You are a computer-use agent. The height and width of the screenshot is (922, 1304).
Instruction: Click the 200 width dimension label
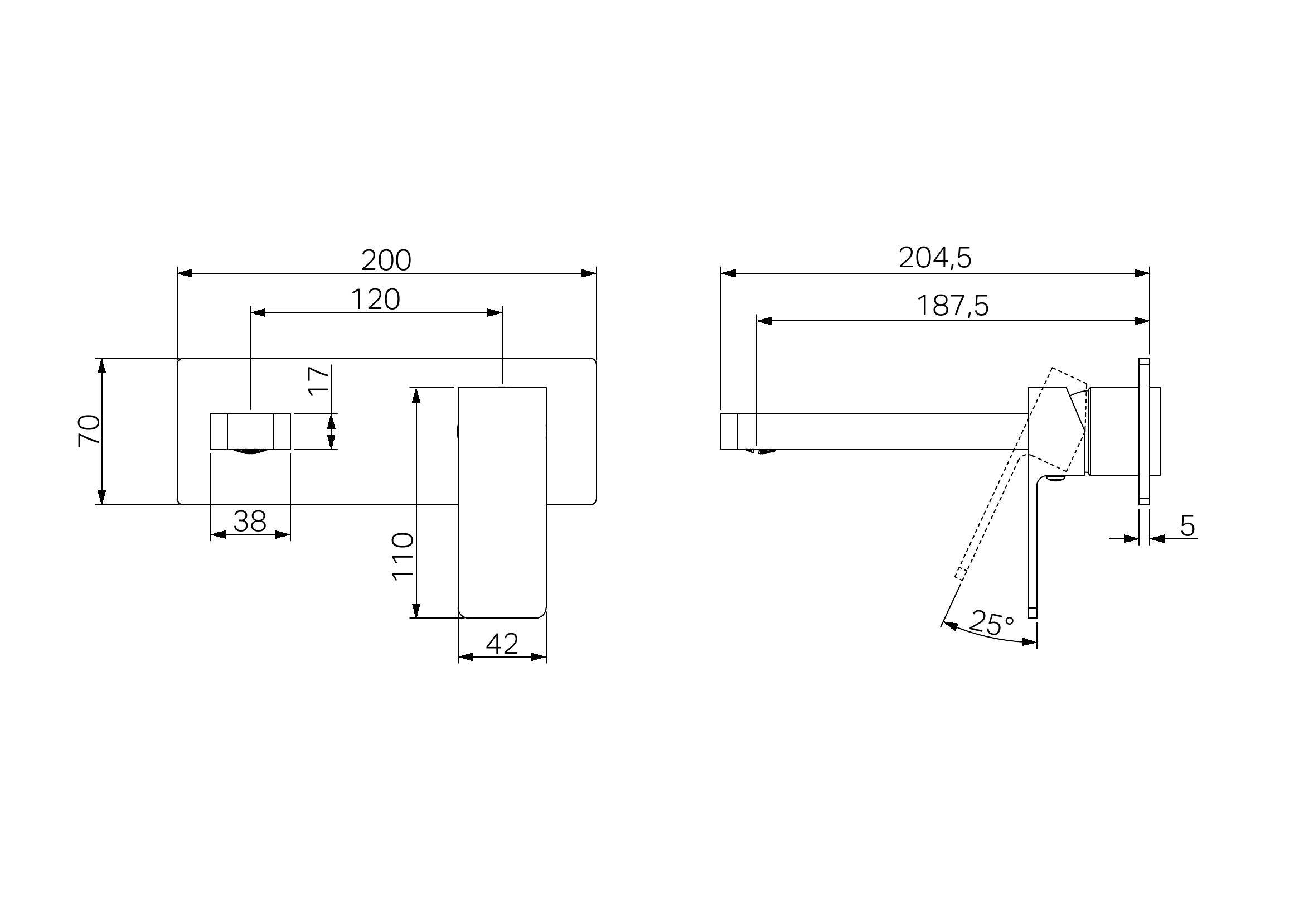coord(386,260)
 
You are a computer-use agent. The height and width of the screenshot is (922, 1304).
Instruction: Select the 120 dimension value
coord(375,300)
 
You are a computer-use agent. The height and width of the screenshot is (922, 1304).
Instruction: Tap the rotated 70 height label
coord(89,431)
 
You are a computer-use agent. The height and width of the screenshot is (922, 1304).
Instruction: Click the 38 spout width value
coord(250,521)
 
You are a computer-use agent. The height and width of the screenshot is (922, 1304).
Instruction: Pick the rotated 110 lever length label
coord(403,556)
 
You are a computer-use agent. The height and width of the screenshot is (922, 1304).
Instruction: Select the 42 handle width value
coord(502,644)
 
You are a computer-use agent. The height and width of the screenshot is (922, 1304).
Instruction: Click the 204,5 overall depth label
coord(935,258)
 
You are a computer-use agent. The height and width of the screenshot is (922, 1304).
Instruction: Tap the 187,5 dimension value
coord(952,306)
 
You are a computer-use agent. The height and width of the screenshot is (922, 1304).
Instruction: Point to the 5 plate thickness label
coord(1187,526)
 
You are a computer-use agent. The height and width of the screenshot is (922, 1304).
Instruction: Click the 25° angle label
coord(991,623)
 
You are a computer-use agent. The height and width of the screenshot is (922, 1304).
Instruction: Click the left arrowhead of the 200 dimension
coord(185,273)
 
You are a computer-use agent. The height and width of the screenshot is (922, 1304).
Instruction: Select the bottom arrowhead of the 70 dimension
coord(101,497)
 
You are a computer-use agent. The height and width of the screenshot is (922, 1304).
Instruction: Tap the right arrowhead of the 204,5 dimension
coord(1142,273)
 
